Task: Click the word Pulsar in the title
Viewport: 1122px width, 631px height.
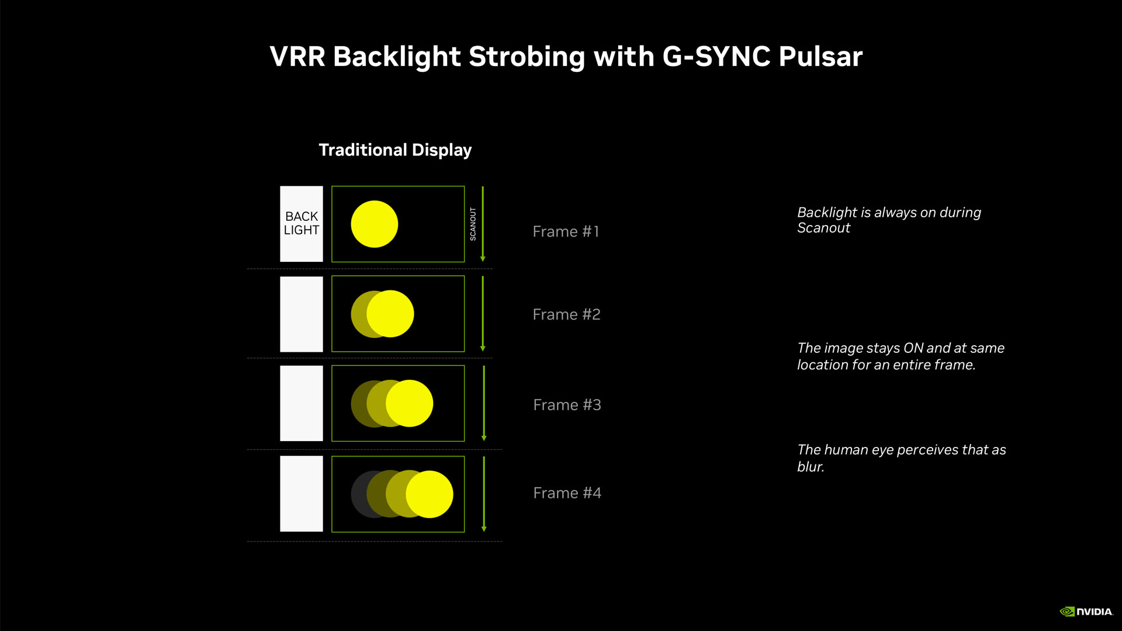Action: [820, 57]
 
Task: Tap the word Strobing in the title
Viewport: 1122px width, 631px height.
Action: [526, 57]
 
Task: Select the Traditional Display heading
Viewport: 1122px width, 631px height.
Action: [395, 150]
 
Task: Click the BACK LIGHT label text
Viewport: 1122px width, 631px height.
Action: [302, 223]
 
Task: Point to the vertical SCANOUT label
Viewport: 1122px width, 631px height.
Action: [473, 224]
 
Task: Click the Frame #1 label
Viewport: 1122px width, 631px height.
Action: [566, 232]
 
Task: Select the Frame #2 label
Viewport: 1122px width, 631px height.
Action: [566, 315]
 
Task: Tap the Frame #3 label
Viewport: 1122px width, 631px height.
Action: [567, 405]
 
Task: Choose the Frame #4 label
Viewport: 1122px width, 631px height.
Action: [567, 493]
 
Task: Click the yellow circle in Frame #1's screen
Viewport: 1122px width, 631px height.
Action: [374, 224]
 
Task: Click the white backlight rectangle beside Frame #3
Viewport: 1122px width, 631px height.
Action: [302, 403]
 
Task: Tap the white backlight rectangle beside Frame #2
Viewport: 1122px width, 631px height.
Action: [302, 314]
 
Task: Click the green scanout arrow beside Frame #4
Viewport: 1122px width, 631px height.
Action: [484, 494]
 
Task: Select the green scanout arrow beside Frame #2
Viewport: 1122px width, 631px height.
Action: [483, 314]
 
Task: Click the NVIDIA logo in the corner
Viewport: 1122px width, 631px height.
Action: [1086, 611]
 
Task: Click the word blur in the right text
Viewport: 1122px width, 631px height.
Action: [810, 467]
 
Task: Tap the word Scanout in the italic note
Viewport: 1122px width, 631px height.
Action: [823, 228]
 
